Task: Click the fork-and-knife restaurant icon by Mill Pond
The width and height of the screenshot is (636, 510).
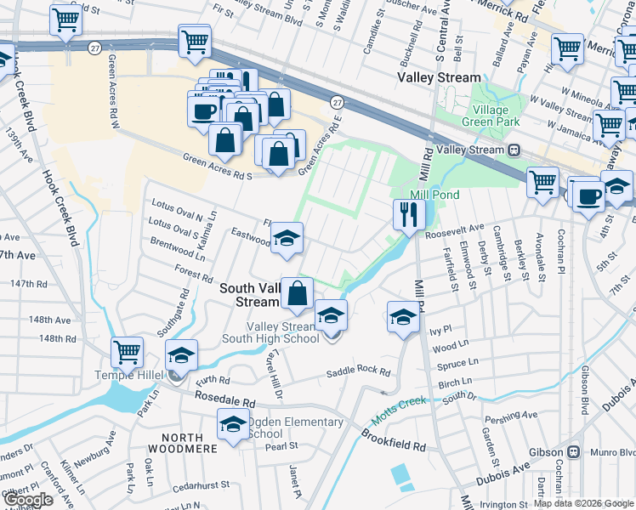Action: [409, 213]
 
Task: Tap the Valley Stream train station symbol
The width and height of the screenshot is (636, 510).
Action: [514, 150]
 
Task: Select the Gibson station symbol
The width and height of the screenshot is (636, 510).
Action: [574, 452]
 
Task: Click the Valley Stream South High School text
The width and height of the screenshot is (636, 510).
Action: [284, 333]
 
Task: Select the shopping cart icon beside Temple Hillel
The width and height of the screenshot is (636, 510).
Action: [127, 351]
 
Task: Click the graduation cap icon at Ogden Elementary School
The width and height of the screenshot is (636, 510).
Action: [232, 425]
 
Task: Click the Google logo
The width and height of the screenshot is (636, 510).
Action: [29, 499]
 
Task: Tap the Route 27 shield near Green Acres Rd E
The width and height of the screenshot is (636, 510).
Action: [337, 101]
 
